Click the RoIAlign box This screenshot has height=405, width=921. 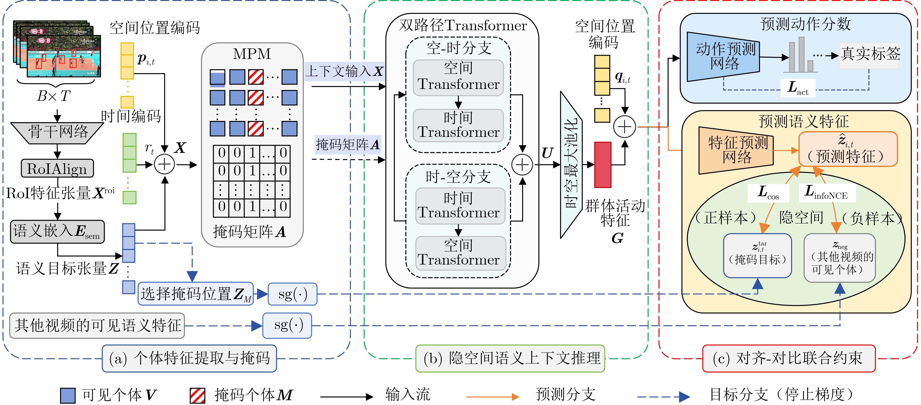click(x=57, y=168)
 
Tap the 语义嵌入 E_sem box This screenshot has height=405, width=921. click(x=57, y=232)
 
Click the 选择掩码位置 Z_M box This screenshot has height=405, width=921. click(x=196, y=294)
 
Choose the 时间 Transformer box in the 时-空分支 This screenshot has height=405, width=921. click(x=460, y=206)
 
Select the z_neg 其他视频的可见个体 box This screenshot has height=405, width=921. click(x=840, y=258)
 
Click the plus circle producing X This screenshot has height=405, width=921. click(x=164, y=165)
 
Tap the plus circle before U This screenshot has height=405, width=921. click(x=522, y=165)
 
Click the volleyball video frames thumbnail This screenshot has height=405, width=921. click(x=57, y=49)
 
